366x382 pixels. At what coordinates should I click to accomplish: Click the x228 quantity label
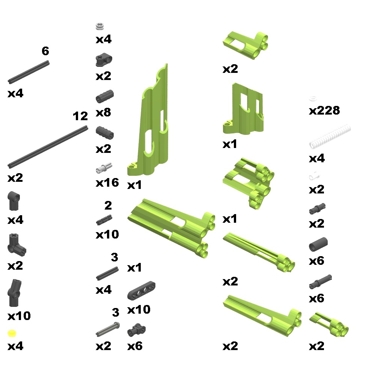click(324, 110)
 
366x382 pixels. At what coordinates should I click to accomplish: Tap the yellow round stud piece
click(12, 333)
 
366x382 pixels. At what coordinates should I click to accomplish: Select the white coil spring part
click(330, 136)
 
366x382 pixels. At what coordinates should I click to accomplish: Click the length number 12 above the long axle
click(80, 116)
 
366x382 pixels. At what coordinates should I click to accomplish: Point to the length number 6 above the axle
click(45, 51)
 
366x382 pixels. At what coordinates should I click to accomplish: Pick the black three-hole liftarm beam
click(141, 290)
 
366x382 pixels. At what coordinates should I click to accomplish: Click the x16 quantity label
click(107, 183)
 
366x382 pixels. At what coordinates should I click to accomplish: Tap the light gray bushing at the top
click(100, 26)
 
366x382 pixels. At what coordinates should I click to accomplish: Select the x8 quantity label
click(104, 113)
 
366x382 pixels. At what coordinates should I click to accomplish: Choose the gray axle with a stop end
click(108, 329)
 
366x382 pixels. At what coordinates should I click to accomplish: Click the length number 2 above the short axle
click(108, 205)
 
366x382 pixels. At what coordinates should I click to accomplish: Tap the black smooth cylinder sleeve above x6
click(318, 245)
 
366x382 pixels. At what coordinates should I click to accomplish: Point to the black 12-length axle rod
click(48, 146)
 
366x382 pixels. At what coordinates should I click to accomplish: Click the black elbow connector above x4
click(14, 201)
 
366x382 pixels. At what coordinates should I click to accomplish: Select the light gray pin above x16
click(104, 168)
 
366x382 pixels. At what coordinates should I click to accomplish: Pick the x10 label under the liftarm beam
click(139, 310)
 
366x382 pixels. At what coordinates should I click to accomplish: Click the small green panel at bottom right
click(329, 325)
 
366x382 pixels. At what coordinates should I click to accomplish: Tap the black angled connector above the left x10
click(14, 293)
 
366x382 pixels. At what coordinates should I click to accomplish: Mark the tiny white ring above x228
click(313, 99)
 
